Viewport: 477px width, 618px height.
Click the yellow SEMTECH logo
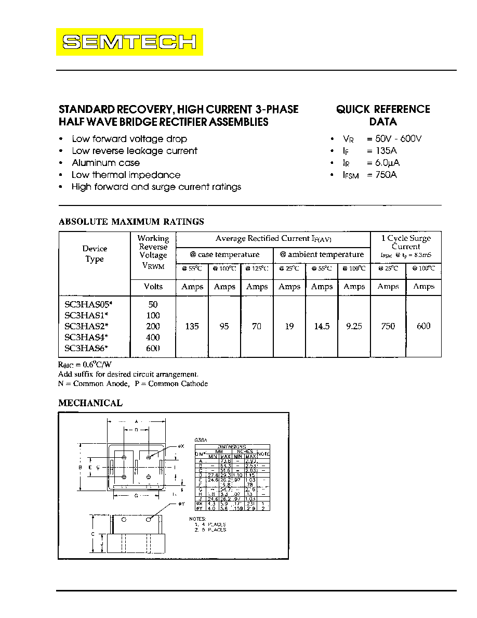tap(130, 42)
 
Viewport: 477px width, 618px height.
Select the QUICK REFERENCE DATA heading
tap(383, 115)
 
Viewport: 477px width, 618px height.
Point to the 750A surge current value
tap(382, 175)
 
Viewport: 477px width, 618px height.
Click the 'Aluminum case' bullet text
tap(106, 163)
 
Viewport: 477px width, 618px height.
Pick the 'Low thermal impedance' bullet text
tap(126, 175)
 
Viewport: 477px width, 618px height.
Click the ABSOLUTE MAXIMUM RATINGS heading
tap(131, 222)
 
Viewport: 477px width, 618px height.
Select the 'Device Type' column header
tap(95, 254)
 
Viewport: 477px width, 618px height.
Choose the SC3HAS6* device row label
tap(86, 348)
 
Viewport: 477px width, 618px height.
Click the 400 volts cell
tap(153, 337)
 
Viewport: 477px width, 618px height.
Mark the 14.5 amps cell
tap(322, 326)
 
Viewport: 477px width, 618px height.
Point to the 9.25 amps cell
tap(354, 326)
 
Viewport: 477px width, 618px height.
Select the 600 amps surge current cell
tap(423, 326)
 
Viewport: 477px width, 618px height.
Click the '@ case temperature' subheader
tap(224, 254)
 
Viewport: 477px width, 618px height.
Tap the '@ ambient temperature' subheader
tap(322, 254)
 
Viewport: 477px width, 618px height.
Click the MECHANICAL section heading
tap(90, 403)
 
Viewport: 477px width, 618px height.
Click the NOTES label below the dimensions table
tap(197, 519)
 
